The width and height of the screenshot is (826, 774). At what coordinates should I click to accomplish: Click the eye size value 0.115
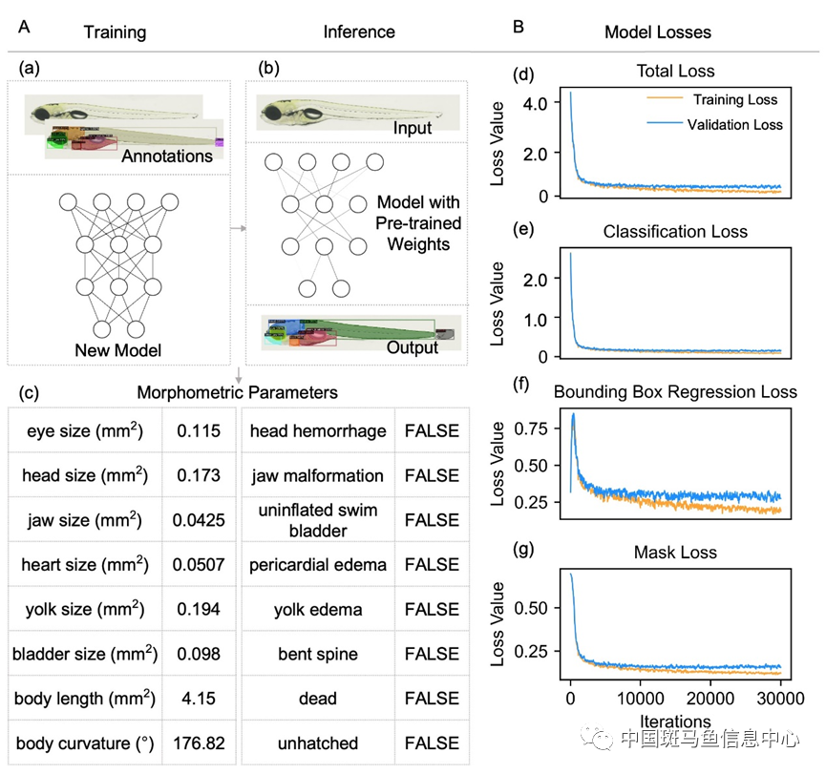coord(199,431)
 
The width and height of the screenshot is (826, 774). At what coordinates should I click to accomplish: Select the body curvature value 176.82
coord(199,743)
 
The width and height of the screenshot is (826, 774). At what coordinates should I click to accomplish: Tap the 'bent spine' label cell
coord(318,654)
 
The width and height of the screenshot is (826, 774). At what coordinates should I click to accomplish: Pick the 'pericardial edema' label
coord(318,565)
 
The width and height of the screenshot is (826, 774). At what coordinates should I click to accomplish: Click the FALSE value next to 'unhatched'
coord(432,743)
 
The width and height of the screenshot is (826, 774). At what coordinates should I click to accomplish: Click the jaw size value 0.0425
coord(199,520)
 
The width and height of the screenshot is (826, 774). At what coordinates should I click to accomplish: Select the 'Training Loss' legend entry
coord(735,99)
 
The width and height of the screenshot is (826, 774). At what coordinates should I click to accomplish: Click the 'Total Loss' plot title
coord(675,71)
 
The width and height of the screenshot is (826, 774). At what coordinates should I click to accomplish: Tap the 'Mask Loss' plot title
coord(675,552)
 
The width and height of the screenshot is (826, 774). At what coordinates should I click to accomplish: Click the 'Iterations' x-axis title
coord(675,722)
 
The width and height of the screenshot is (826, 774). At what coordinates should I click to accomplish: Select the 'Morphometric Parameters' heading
coord(238,392)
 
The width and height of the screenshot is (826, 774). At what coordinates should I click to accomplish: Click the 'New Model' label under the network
coord(118,350)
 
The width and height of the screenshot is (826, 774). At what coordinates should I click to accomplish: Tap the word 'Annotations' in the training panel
coord(167,156)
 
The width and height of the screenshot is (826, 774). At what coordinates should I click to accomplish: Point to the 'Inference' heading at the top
coord(359,31)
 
